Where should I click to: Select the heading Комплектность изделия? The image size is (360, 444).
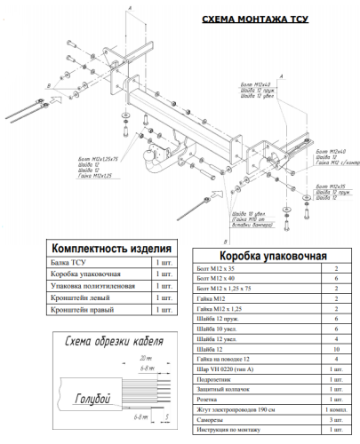pyautogui.click(x=105, y=249)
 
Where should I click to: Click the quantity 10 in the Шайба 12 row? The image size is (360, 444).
pyautogui.click(x=336, y=349)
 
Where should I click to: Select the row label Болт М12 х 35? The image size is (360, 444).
pyautogui.click(x=219, y=268)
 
